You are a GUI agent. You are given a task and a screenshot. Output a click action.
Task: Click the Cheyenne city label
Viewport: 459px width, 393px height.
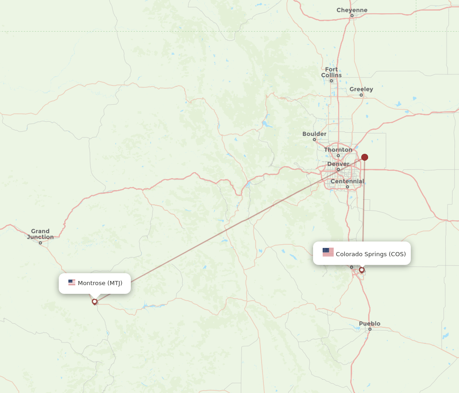click(x=352, y=10)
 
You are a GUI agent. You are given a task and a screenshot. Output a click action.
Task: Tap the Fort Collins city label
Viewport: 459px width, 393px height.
click(x=331, y=72)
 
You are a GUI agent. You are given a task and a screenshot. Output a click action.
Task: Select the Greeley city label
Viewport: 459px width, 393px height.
click(x=361, y=89)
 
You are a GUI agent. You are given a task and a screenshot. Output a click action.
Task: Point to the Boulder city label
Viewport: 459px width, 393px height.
click(x=314, y=134)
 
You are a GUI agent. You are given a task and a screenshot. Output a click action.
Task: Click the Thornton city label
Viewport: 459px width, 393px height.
click(x=338, y=150)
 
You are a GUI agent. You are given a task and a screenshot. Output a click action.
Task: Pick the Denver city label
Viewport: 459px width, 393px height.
click(x=338, y=164)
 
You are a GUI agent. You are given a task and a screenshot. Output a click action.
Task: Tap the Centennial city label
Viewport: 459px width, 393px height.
click(x=347, y=181)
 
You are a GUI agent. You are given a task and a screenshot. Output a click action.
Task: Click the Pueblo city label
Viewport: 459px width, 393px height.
click(x=369, y=324)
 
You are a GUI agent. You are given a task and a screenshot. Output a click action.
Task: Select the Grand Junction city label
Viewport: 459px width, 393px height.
click(x=40, y=234)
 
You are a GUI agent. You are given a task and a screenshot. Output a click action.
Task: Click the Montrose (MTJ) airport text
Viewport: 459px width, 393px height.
click(x=100, y=283)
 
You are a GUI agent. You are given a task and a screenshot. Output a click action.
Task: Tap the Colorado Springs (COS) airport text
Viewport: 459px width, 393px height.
click(x=371, y=254)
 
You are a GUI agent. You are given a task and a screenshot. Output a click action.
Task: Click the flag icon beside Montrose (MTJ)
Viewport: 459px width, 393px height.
click(x=72, y=282)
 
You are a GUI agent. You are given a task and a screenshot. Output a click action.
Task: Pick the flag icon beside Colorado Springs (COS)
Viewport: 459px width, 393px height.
click(x=328, y=252)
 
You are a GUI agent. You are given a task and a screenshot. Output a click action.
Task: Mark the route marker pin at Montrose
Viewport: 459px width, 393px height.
click(x=95, y=302)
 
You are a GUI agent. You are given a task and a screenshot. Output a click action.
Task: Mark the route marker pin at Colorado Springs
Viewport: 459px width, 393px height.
click(x=362, y=270)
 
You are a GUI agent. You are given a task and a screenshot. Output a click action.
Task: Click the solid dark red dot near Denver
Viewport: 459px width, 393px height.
click(x=364, y=157)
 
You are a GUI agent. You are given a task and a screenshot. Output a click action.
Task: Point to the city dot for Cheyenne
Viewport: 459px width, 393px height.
click(x=352, y=16)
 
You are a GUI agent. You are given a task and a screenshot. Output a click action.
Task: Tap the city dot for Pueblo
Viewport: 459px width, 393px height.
click(x=369, y=329)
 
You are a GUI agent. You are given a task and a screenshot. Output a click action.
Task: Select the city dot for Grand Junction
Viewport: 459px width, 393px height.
click(x=40, y=243)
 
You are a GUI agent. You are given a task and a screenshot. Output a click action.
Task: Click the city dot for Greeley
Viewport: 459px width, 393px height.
click(x=361, y=95)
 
